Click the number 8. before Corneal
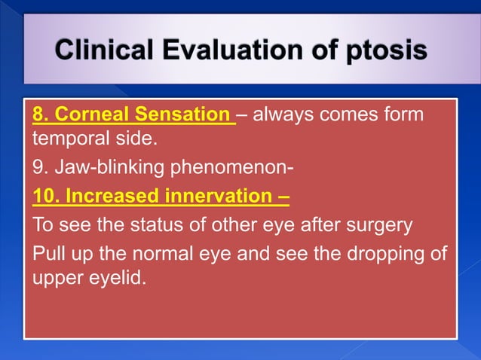41,116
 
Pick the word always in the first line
284,116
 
